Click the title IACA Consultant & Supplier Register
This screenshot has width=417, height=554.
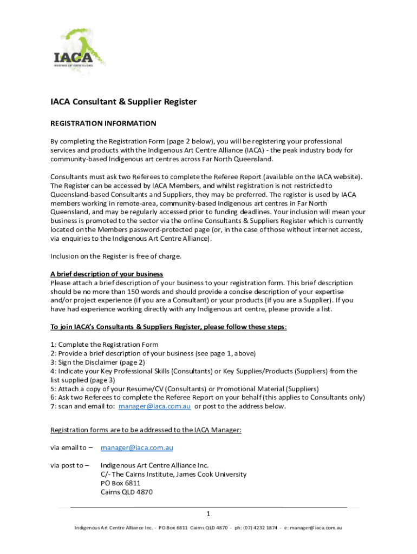point(123,102)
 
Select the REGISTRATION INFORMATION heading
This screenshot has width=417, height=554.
point(103,123)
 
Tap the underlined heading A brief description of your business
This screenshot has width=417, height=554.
point(107,274)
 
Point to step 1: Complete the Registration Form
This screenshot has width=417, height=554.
point(105,345)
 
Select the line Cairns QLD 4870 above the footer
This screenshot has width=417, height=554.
point(127,492)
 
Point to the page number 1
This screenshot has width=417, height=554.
point(208,513)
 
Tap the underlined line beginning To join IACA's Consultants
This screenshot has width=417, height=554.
point(168,327)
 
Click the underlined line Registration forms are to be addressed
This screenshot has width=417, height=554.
point(146,430)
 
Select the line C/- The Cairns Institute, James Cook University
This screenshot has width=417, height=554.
point(173,474)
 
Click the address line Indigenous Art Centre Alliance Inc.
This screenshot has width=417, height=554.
point(154,465)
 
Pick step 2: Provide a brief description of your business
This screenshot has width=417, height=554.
point(153,353)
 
